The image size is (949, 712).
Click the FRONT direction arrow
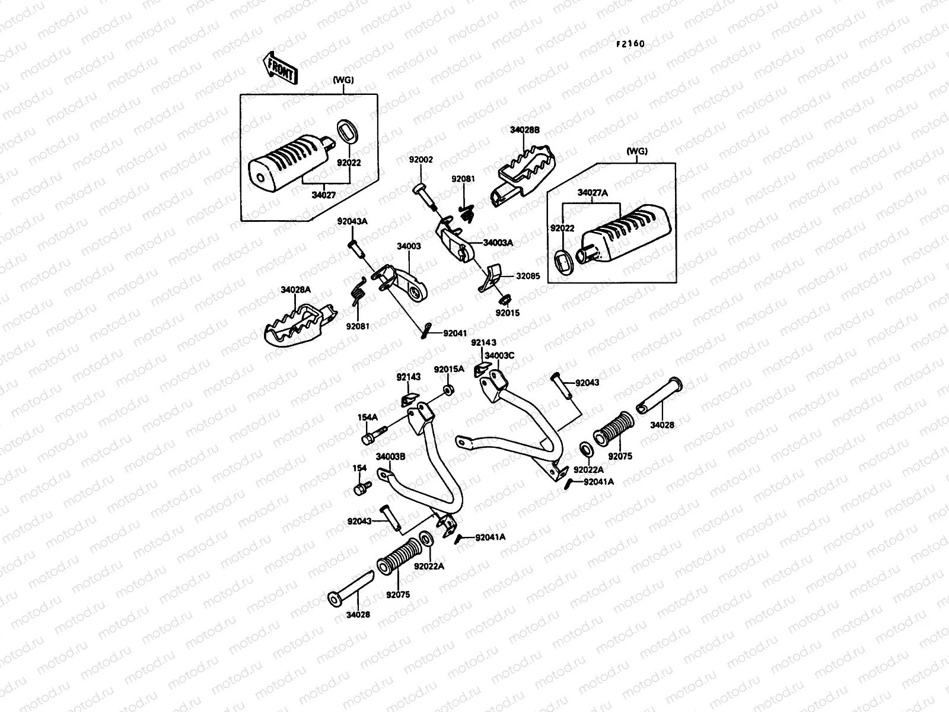pos(280,68)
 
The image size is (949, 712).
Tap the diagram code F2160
pos(630,44)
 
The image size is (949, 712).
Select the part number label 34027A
pos(593,193)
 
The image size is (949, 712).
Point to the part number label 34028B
pos(525,130)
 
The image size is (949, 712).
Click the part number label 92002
pos(421,160)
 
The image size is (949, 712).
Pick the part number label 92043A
pos(352,221)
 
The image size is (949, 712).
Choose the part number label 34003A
pos(498,243)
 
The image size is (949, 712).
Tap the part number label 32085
pos(528,276)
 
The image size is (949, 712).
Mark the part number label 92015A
pos(449,369)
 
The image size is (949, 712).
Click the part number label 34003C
pos(499,355)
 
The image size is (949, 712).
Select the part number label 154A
pos(368,417)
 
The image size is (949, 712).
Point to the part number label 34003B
pos(390,456)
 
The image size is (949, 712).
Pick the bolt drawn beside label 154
pos(362,488)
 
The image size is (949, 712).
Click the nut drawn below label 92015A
pos(448,390)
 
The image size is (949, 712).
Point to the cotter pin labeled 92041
pos(426,331)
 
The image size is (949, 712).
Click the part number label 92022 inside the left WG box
pos(349,163)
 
